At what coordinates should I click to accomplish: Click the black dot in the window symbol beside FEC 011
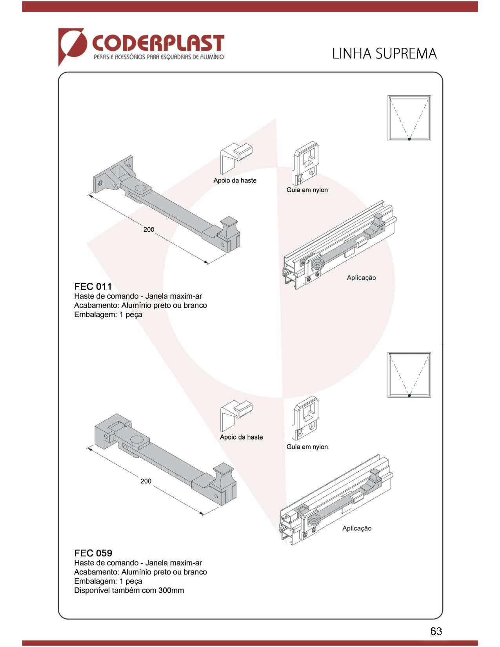click(x=409, y=139)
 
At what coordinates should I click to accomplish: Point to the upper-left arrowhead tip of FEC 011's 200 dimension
click(x=87, y=195)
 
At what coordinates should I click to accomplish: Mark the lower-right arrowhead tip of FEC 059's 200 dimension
click(x=204, y=514)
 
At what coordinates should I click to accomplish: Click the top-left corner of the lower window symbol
click(x=388, y=352)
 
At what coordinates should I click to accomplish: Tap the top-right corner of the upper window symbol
click(x=431, y=96)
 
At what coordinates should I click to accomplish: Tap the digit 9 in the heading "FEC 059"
click(x=109, y=554)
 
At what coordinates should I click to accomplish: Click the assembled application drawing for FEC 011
click(x=340, y=245)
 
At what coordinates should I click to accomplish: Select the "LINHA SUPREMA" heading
click(x=384, y=54)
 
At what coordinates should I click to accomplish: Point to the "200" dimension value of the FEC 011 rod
click(x=149, y=229)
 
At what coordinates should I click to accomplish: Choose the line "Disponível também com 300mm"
click(x=129, y=590)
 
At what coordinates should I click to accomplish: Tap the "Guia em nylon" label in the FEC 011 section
click(x=307, y=190)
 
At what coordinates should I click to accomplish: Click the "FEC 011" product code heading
click(x=93, y=286)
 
